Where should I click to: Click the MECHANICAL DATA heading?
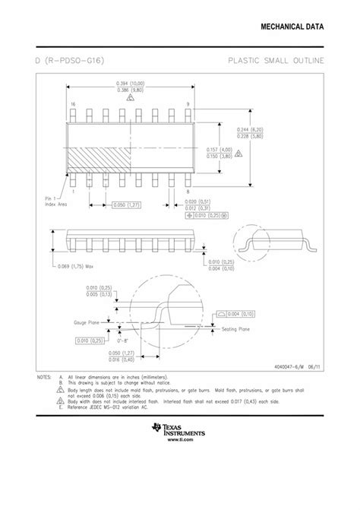[x=292, y=27]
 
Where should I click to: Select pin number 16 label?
[x=74, y=104]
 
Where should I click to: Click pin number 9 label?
[x=187, y=104]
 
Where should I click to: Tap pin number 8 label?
[x=187, y=193]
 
